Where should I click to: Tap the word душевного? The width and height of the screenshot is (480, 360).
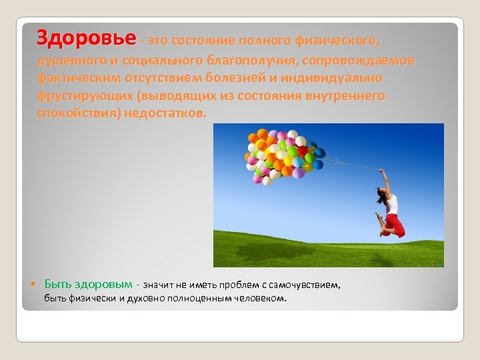click(67, 61)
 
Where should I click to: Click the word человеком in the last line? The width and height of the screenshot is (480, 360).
click(261, 298)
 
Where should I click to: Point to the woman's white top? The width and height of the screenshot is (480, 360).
click(392, 203)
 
